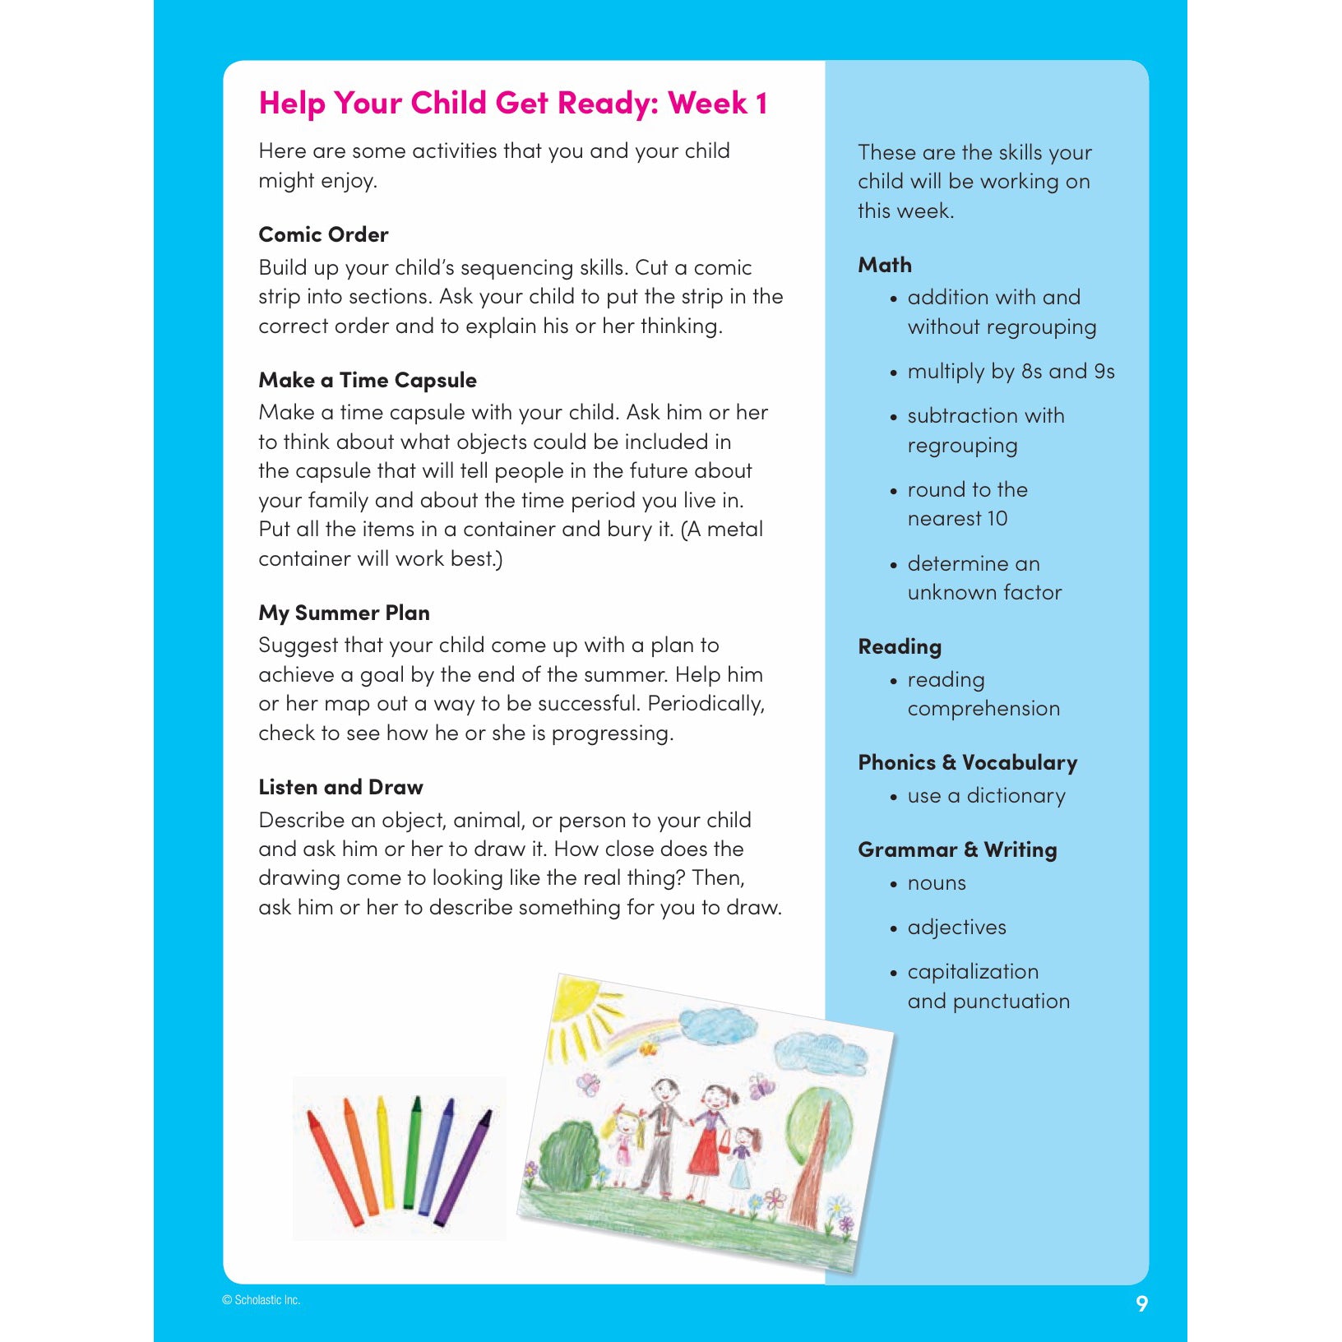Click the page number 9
(1141, 1303)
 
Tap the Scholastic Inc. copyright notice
(261, 1300)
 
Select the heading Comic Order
(323, 234)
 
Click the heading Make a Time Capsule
(368, 380)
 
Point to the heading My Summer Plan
(344, 613)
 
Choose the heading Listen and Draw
(340, 787)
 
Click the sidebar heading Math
(885, 265)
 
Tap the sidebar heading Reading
(900, 646)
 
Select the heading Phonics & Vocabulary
(967, 762)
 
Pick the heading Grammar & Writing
(957, 849)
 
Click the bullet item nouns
(937, 883)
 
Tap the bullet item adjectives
(956, 928)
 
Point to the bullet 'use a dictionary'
(986, 796)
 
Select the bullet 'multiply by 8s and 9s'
(1011, 372)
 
